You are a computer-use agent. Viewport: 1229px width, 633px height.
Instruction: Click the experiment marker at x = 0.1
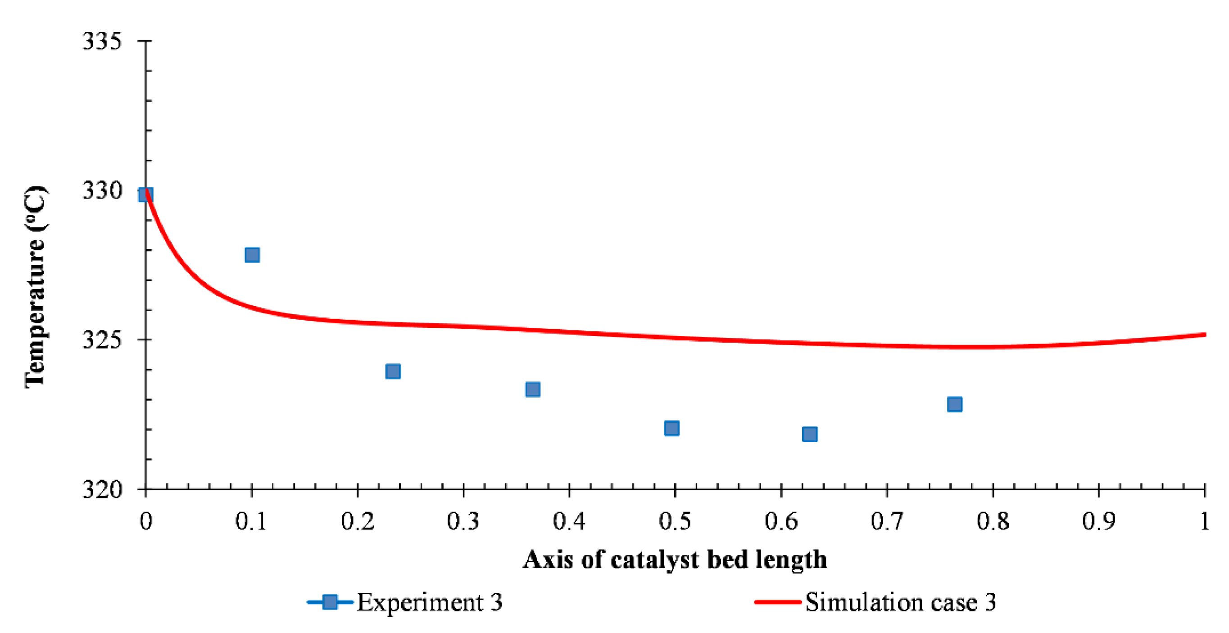252,255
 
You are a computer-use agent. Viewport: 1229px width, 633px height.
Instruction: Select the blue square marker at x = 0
145,194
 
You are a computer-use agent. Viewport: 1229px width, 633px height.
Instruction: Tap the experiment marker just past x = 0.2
393,371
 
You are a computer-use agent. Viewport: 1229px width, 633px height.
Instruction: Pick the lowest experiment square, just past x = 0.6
810,434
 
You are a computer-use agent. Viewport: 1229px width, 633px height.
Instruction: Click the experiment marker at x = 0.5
671,428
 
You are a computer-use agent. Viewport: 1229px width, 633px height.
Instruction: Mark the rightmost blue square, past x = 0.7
955,404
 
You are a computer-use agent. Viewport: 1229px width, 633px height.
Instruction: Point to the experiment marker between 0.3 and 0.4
532,389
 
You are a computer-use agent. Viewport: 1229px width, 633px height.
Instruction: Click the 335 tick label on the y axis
102,41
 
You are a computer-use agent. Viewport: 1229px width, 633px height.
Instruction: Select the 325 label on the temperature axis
102,339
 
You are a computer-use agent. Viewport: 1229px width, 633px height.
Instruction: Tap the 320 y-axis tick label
102,489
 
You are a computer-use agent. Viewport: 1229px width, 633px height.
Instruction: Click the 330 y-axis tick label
102,190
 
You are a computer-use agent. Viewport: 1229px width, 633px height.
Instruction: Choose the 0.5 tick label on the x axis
675,520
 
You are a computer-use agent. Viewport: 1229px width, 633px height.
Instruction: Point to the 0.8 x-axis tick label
993,520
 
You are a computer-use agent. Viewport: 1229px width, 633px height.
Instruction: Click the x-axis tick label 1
1204,520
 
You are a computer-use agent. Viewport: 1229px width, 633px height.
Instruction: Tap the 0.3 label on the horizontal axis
463,520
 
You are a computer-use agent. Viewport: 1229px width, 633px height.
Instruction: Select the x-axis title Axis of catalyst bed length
675,559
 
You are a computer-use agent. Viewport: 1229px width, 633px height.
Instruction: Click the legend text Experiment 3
429,602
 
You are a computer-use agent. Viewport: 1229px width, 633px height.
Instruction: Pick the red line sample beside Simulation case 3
778,602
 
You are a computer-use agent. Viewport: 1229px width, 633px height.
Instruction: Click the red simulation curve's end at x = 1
1204,335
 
